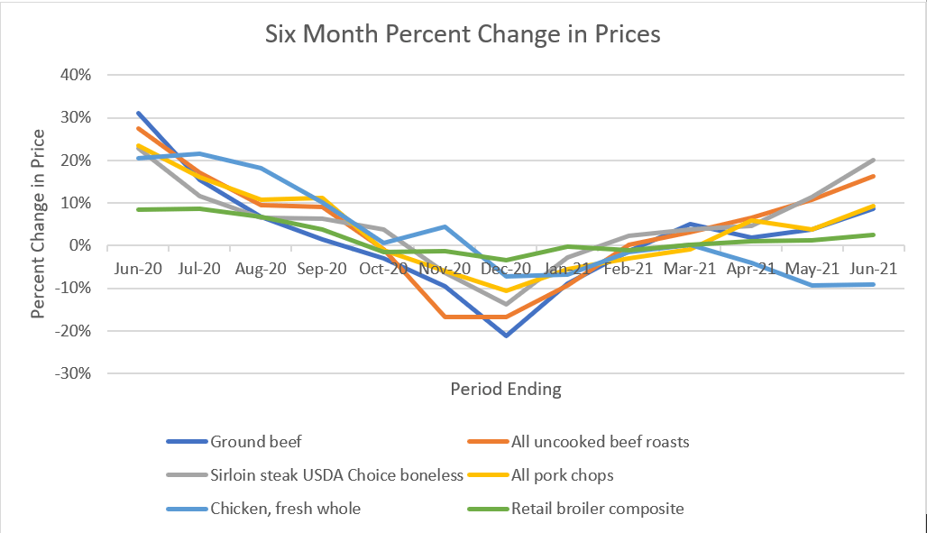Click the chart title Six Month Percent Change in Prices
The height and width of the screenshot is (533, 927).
point(463,34)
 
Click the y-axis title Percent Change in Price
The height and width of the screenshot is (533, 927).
point(39,224)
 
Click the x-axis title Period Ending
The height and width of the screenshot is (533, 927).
point(505,390)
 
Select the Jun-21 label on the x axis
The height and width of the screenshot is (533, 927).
point(874,269)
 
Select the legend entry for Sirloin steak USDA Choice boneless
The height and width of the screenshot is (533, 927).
point(336,475)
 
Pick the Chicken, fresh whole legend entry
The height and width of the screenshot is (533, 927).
point(285,509)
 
